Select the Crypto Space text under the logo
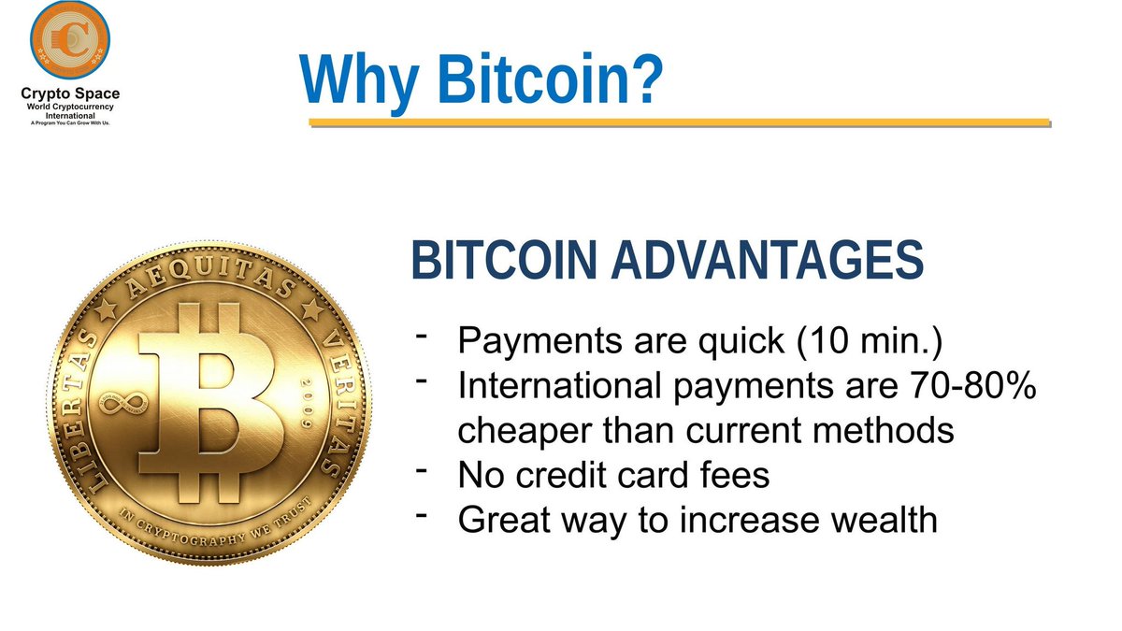70,93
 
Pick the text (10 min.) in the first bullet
870,341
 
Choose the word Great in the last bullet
506,520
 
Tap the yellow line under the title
679,122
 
